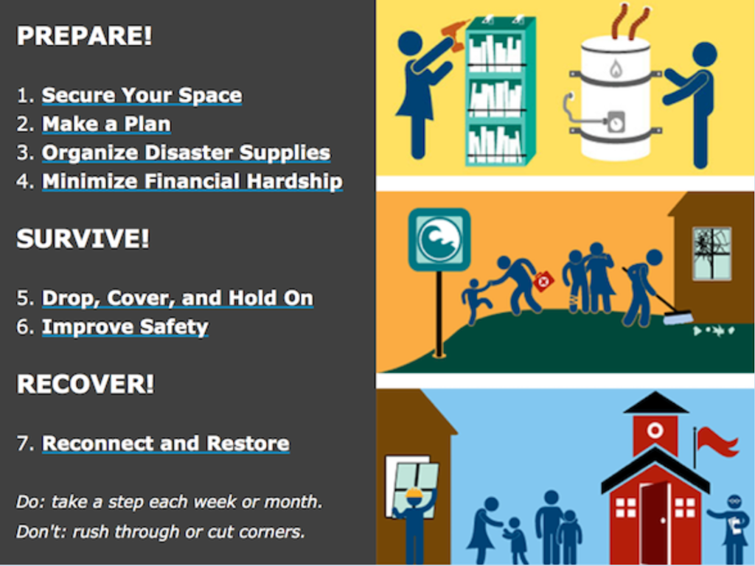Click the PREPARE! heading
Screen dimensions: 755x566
pos(84,35)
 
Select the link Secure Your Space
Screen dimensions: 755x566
pos(142,95)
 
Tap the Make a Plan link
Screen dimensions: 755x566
pos(106,124)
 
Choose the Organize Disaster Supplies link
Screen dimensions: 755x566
pos(187,153)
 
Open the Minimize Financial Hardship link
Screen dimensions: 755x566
pos(192,182)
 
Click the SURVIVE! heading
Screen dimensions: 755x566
pos(83,238)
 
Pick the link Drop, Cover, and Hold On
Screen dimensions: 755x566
pos(178,298)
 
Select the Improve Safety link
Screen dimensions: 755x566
pos(125,327)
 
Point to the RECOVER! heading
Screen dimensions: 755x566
pos(86,384)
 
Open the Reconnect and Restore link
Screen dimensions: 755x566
pos(166,444)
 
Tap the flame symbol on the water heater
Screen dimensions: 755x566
pos(616,69)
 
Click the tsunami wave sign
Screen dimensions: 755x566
pos(439,240)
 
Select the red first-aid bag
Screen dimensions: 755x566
pos(543,281)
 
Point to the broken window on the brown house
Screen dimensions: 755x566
pos(711,254)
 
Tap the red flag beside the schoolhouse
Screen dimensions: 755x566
pos(717,442)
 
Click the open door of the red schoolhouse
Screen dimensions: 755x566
pos(655,523)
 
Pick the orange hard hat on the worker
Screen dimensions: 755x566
pos(414,494)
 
